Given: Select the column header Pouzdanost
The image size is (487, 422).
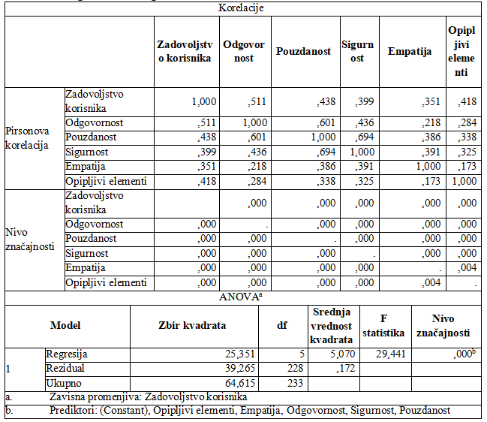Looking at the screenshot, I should [303, 52].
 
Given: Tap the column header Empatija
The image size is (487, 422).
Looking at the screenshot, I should [410, 52].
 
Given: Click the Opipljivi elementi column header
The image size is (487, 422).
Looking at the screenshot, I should [458, 52].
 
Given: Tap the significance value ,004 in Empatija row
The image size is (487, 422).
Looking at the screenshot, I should [466, 268].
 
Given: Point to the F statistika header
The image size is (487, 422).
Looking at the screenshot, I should [383, 326].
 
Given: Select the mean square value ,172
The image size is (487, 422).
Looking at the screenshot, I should [344, 369].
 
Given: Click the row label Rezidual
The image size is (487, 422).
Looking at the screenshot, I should [65, 369].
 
